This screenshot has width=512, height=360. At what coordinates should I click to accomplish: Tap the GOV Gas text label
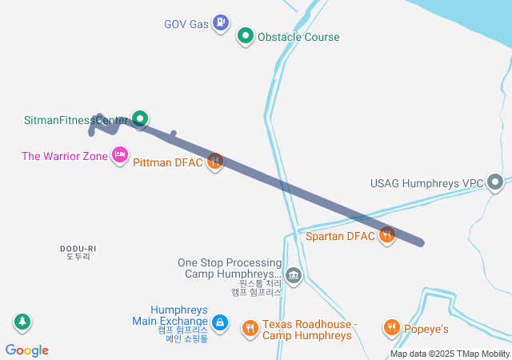point(186,24)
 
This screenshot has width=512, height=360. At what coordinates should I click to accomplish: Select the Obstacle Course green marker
point(246,36)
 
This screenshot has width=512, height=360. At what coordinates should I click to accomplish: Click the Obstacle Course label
point(298,37)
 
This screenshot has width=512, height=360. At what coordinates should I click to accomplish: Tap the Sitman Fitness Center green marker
point(140,120)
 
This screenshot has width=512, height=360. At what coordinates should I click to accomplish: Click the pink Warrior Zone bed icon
point(120,155)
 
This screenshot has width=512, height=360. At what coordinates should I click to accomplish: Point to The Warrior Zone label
point(64,156)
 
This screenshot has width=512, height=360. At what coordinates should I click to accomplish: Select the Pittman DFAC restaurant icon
point(214,162)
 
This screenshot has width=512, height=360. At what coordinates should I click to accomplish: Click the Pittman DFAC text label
point(168,162)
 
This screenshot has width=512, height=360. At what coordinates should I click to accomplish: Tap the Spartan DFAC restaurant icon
point(387,235)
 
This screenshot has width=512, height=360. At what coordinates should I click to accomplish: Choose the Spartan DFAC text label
point(340,236)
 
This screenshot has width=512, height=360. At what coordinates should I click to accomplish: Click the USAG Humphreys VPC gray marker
point(496,183)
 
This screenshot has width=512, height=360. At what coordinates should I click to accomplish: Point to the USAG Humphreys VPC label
point(427,183)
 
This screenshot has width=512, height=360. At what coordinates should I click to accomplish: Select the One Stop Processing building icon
point(294,276)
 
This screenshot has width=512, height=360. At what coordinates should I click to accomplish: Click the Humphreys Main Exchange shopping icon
point(221,324)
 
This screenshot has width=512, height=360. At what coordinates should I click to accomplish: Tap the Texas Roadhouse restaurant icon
point(250,326)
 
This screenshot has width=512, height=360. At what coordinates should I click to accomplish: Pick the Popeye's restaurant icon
point(391,326)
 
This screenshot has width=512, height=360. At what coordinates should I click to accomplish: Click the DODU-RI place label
point(78,249)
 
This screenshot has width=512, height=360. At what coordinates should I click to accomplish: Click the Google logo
point(27,350)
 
